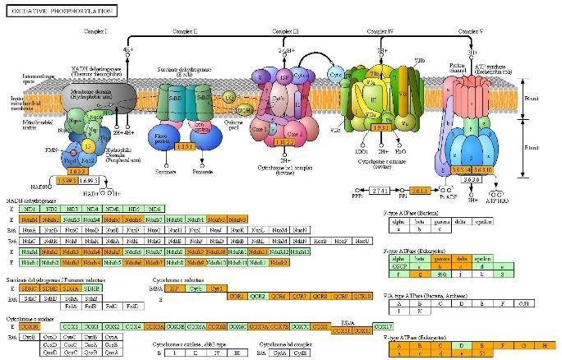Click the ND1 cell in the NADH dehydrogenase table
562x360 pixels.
(30, 210)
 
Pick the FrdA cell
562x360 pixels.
(71, 306)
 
